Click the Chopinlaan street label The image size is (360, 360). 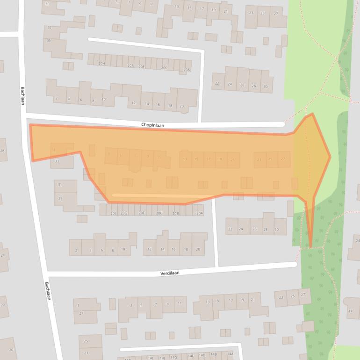coord(153,125)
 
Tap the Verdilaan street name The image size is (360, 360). coord(169,272)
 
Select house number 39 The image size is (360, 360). coord(47,4)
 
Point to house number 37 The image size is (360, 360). coord(49,28)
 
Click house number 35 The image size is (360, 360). coord(49,41)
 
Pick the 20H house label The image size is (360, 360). coord(101,63)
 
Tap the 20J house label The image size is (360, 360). coord(113,213)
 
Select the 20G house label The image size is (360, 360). coord(124,213)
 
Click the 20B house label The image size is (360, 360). coord(175,213)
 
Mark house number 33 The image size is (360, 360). coord(57,161)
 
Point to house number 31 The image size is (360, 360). coord(59,185)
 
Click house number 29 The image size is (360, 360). coord(60,199)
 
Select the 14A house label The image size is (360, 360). coord(230,354)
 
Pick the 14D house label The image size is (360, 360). coord(202,355)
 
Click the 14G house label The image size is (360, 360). coord(173,357)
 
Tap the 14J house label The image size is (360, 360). coord(162,358)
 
